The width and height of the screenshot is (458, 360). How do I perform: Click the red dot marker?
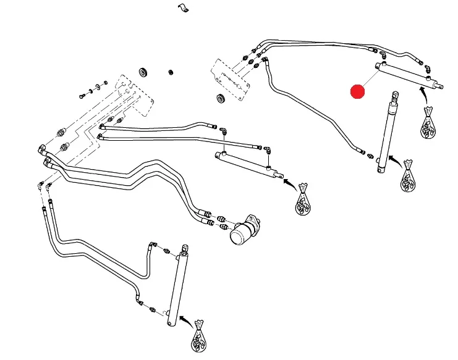(x=357, y=92)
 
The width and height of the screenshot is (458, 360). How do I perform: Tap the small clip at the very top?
(x=182, y=8)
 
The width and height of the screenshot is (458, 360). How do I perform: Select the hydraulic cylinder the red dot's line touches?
(x=408, y=77)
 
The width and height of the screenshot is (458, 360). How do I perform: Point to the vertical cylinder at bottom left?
(x=177, y=287)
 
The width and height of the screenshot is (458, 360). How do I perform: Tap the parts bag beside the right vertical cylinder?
(x=407, y=178)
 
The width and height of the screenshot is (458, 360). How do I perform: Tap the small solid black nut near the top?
(x=170, y=72)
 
